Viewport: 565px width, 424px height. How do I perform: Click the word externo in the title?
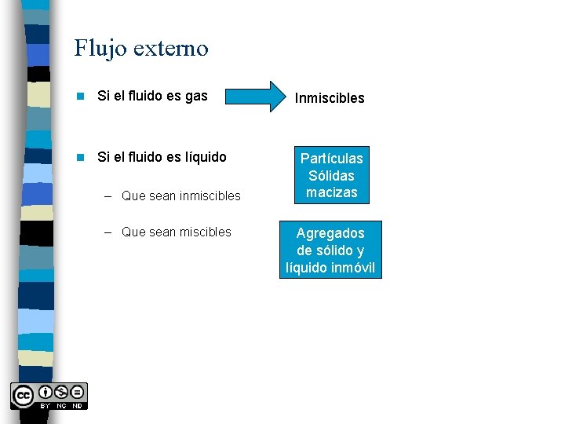pyautogui.click(x=171, y=49)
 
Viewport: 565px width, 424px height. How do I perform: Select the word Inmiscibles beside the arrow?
pyautogui.click(x=330, y=98)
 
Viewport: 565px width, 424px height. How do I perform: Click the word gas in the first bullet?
pyautogui.click(x=195, y=96)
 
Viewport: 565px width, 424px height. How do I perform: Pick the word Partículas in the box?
pyautogui.click(x=332, y=159)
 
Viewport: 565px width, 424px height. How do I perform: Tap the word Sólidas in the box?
pyautogui.click(x=332, y=176)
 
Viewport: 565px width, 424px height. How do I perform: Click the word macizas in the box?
pyautogui.click(x=332, y=192)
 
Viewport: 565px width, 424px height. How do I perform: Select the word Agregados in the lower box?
pyautogui.click(x=330, y=233)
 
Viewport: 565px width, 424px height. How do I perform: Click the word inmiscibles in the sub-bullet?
pyautogui.click(x=210, y=196)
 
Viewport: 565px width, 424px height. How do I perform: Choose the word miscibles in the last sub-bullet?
pyautogui.click(x=205, y=232)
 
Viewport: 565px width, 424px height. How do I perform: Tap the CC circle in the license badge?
pyautogui.click(x=22, y=395)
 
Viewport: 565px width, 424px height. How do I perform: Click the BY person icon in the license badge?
pyautogui.click(x=46, y=392)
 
